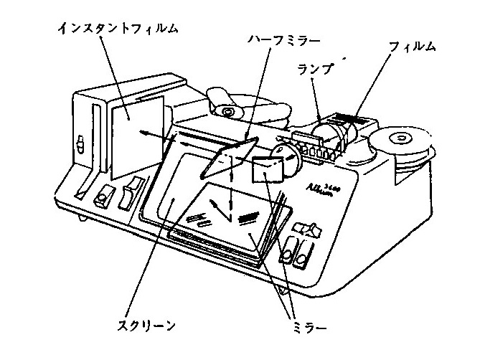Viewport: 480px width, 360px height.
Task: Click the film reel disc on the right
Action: click(403, 141)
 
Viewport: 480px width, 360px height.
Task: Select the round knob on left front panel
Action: click(105, 194)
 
